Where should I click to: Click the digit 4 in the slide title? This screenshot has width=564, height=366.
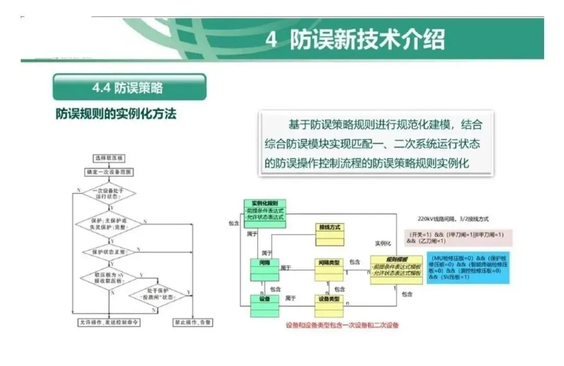coord(271,40)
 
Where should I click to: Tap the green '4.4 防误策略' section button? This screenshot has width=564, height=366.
coord(129,87)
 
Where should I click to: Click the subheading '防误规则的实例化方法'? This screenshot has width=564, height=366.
coord(116,113)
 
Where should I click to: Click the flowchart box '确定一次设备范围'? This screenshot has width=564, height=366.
coord(109,172)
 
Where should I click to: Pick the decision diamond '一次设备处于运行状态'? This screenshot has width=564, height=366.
coord(109,194)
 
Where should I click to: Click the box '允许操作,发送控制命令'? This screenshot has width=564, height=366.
coord(109,323)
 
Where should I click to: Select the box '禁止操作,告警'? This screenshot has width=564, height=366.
coord(193,323)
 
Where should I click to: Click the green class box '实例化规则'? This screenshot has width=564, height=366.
coord(265,214)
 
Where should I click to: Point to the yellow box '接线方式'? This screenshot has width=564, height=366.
coord(330,234)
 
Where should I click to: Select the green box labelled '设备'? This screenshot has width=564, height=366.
coord(264,306)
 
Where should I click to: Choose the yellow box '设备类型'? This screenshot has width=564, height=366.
coord(329,306)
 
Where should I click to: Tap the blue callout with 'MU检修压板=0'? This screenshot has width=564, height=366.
coord(467,267)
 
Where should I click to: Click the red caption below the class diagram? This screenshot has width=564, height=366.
coord(342,325)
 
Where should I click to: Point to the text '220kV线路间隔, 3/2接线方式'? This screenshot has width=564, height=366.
coord(453,219)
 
